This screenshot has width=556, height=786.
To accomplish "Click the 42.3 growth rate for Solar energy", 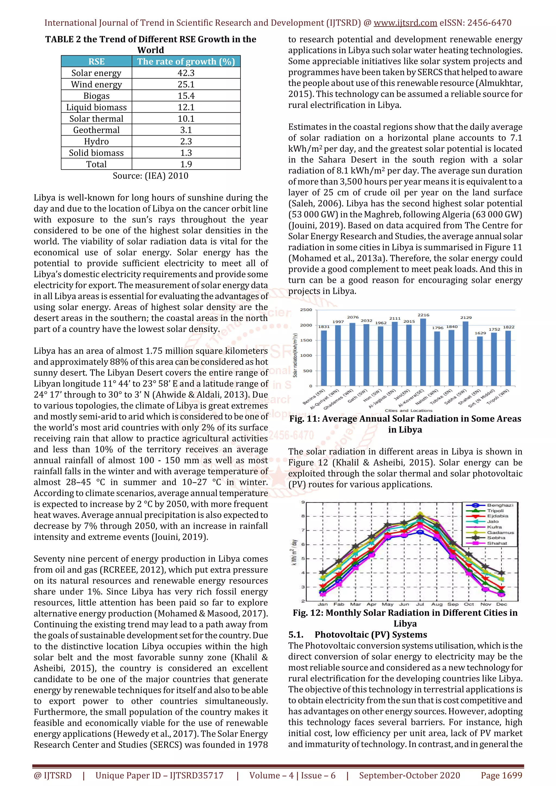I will (x=186, y=73).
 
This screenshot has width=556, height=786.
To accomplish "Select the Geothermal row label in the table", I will (x=96, y=130).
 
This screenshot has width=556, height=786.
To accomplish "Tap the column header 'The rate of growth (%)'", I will (x=186, y=62).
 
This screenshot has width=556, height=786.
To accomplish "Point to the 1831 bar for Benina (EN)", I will (x=324, y=358).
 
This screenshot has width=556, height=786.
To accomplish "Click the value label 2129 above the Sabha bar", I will (x=466, y=317).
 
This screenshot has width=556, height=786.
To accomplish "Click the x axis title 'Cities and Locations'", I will (x=409, y=410).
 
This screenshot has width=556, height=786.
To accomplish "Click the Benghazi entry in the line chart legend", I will (x=500, y=505).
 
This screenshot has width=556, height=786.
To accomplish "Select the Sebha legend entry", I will (x=496, y=538).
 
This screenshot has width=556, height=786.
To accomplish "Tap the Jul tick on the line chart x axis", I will (x=420, y=604).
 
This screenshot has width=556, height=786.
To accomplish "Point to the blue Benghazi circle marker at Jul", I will (x=420, y=532).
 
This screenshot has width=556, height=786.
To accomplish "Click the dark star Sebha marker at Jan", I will (x=322, y=572).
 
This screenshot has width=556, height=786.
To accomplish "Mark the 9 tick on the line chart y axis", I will (x=303, y=502).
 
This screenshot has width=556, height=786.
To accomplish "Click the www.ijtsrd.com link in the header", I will (x=405, y=23).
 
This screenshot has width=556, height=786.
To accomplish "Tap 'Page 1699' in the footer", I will (x=501, y=775).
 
